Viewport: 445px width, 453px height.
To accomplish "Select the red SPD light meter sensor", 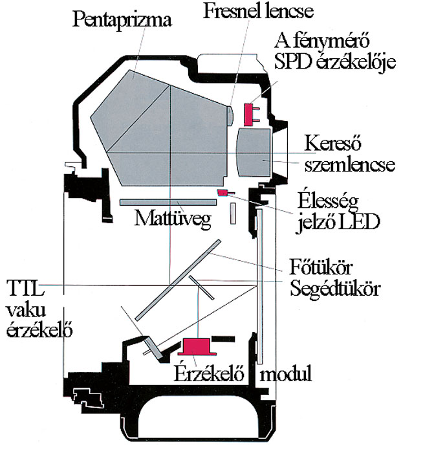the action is point(252,115).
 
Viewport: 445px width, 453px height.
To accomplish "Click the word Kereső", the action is point(332,143).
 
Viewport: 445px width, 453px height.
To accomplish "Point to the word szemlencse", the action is point(350,164).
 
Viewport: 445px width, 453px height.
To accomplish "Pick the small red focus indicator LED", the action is point(226,192).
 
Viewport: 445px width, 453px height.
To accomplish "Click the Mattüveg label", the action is point(173,219).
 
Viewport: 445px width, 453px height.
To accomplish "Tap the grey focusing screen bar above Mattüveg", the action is point(168,202).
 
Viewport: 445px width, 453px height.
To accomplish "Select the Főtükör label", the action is point(321,267).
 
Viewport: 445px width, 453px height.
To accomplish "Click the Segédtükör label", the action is point(335,288).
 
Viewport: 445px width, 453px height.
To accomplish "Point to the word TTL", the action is point(26,287).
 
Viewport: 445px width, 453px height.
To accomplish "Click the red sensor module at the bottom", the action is point(197,346).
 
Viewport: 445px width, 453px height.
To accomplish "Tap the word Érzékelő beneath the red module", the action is point(209,373).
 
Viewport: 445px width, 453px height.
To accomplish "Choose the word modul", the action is point(286,373).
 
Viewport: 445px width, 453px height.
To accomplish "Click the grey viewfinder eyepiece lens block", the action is point(254,152).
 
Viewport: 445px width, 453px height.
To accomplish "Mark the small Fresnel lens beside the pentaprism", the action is point(230,116).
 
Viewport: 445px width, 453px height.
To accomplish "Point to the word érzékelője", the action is point(356,62).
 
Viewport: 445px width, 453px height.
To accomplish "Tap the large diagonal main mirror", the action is point(178,280).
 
